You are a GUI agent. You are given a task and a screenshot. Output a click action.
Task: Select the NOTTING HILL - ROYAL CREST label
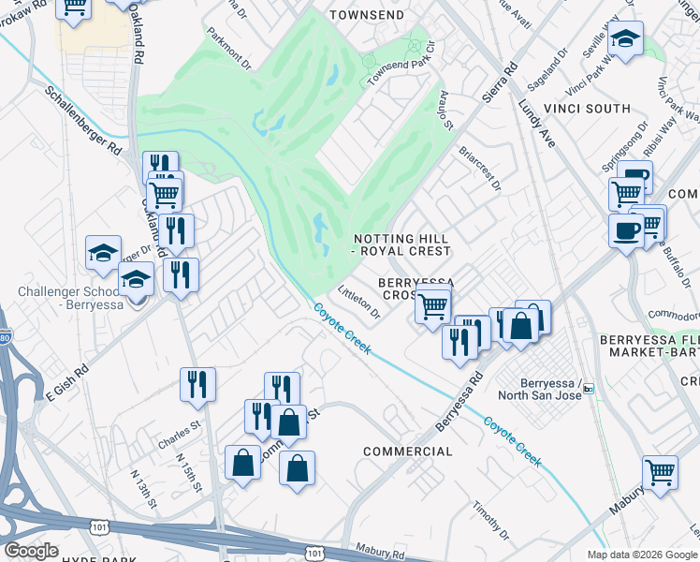[401, 244]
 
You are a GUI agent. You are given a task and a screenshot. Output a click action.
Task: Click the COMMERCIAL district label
[407, 451]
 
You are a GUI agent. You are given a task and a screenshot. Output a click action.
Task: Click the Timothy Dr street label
[490, 521]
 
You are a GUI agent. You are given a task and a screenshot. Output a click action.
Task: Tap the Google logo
[31, 551]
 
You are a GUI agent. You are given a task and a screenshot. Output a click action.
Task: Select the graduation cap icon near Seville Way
[625, 39]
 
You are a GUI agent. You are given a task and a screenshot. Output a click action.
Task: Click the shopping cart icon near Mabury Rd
[660, 471]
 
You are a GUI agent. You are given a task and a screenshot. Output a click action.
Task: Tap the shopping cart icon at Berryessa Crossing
[432, 304]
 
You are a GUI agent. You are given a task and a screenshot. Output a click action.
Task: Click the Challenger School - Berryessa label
[74, 298]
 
